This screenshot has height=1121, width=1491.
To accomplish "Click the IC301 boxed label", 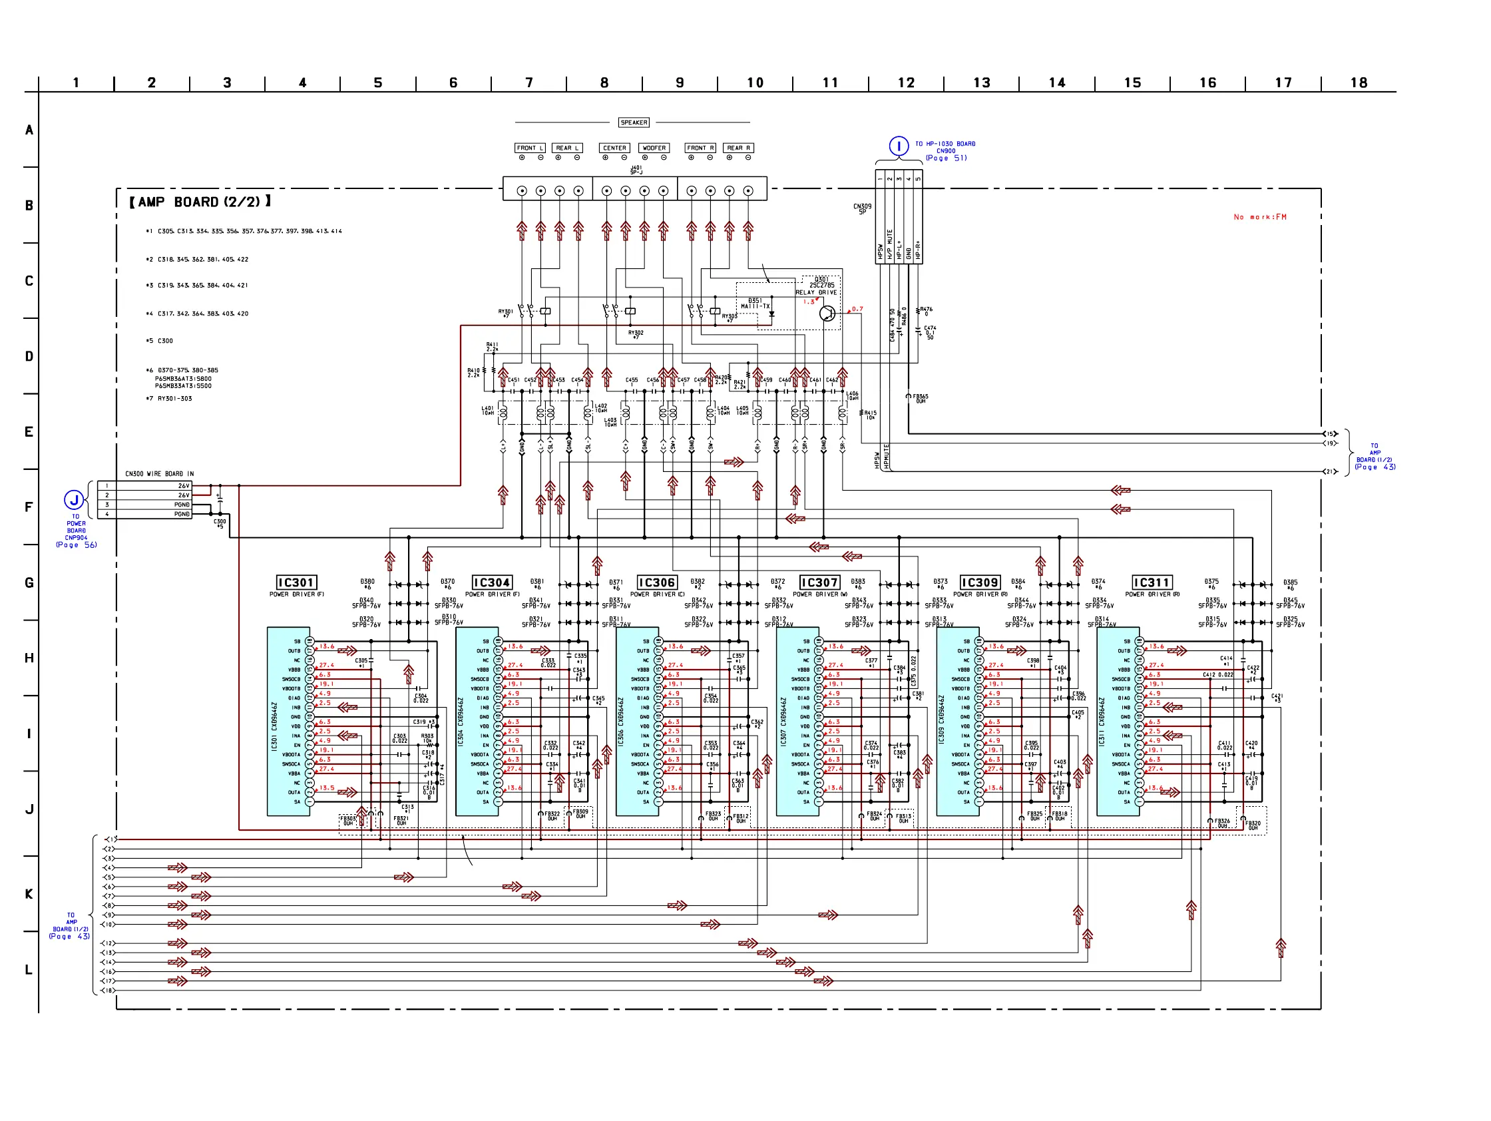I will tap(297, 582).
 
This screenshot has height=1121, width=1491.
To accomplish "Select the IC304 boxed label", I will tap(492, 582).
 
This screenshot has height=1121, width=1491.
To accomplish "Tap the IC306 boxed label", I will tap(656, 582).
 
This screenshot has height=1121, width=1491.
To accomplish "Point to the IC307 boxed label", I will tap(819, 582).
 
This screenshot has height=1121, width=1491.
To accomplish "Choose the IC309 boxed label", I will tap(980, 582).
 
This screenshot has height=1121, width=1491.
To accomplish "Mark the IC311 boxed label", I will tap(1152, 582).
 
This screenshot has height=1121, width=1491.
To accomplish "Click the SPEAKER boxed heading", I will tap(634, 122).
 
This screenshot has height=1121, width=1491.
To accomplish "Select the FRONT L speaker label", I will tap(530, 148).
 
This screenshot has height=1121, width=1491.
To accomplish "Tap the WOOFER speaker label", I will tap(654, 148).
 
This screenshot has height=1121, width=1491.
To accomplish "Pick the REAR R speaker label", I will tap(739, 148).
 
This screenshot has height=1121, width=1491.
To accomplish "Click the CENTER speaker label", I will tap(615, 148).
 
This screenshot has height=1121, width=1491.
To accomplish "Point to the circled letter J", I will tap(74, 500).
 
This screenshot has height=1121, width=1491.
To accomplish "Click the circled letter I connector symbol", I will tap(899, 146).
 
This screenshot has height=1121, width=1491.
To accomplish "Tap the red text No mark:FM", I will tap(1260, 217).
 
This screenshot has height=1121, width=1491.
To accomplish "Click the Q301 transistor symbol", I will tap(827, 314).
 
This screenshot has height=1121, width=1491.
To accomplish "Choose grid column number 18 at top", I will tap(1359, 83).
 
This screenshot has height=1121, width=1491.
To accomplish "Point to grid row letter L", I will tap(29, 970).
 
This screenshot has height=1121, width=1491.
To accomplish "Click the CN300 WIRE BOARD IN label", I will tap(159, 474).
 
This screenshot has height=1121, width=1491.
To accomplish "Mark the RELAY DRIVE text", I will tap(816, 292).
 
